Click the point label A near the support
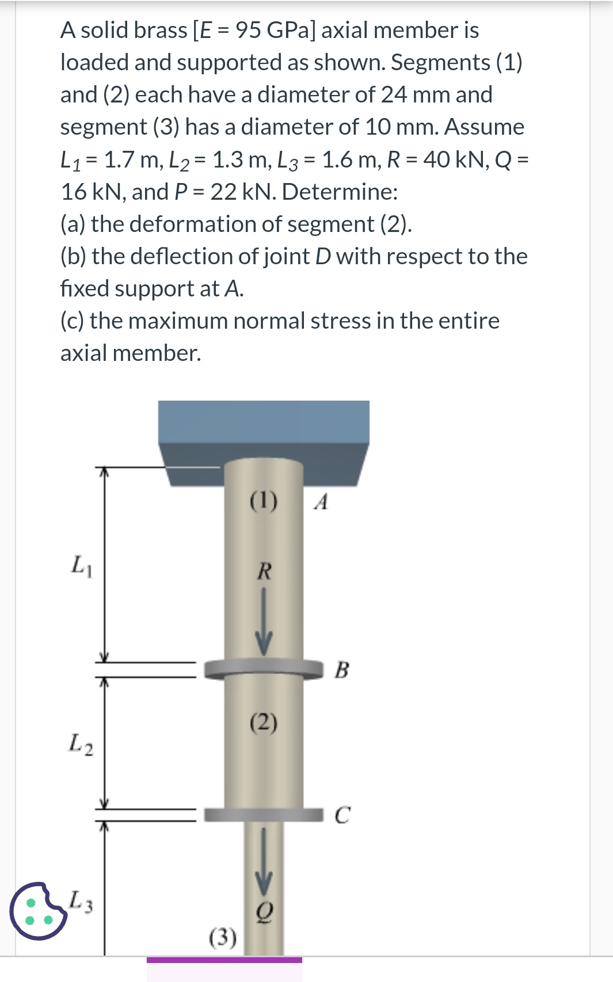(322, 502)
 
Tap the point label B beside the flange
(341, 669)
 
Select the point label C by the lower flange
(342, 815)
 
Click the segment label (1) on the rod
(264, 500)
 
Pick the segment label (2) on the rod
(264, 721)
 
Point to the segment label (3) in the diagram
(223, 937)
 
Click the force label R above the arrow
(264, 572)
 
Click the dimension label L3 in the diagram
(81, 901)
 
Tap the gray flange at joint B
(264, 669)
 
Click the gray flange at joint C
(264, 814)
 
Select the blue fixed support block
(264, 429)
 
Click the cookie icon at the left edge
(37, 911)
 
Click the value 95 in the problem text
(248, 30)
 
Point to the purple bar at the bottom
(224, 960)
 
